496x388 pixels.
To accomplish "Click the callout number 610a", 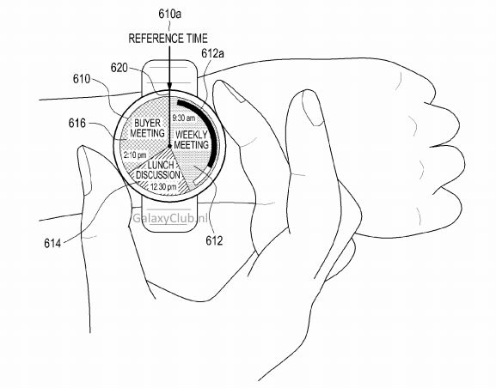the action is tap(170, 15).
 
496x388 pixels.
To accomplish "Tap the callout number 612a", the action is tap(212, 53).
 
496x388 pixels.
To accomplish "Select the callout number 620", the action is tap(119, 68).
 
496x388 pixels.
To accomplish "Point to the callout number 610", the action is tap(82, 79).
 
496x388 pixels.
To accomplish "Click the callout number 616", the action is tap(77, 124).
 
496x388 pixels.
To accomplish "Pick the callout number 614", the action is tap(52, 243).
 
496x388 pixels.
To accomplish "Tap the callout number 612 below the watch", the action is tap(214, 240).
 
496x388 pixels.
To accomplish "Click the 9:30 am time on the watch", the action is tap(183, 118).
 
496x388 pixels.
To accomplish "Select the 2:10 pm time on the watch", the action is tap(135, 155).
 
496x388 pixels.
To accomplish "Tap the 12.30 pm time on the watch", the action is tap(163, 187).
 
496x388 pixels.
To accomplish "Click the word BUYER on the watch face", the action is tap(147, 123).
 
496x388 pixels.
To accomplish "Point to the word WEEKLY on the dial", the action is tap(192, 135).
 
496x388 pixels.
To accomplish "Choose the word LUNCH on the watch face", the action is tap(161, 165).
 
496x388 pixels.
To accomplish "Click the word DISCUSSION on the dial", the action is tap(158, 175).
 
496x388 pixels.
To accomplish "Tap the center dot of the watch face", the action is tap(169, 146).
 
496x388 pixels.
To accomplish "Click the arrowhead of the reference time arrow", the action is tap(169, 86).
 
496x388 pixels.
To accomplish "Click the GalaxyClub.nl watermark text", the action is tap(170, 218).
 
